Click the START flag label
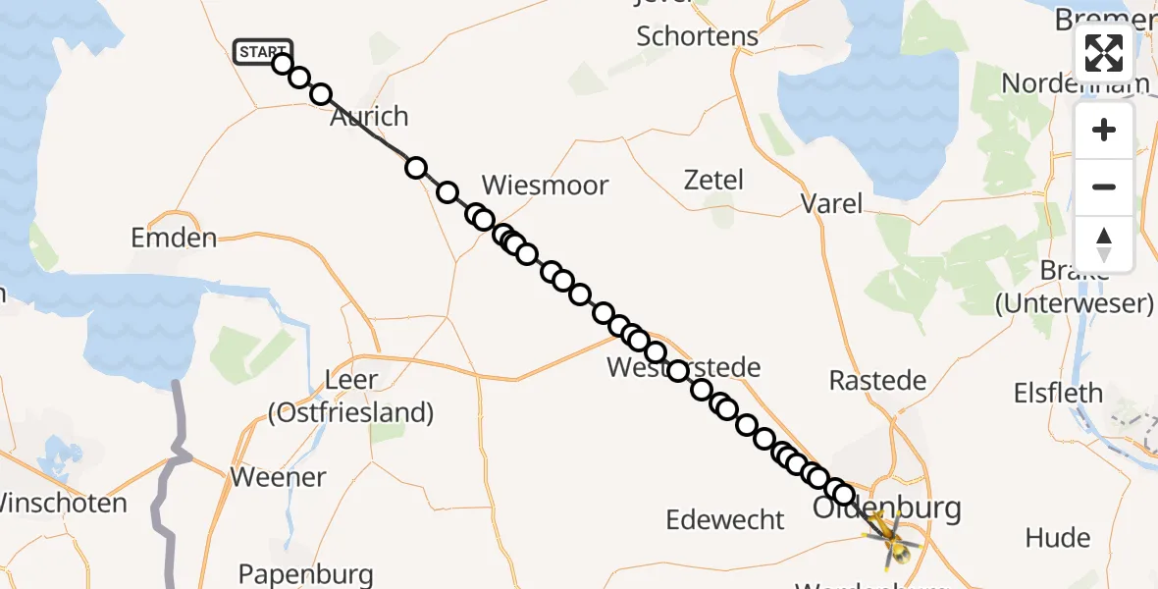coord(262,51)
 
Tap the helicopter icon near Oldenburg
coord(891,538)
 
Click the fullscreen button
coord(1104,53)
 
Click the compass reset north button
coord(1104,243)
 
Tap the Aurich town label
coord(369,117)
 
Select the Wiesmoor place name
coord(545,185)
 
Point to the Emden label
coord(174,238)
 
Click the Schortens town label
coord(698,36)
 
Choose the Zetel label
coord(713,180)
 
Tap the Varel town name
coord(832,203)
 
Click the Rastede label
coord(877,380)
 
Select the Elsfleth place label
coord(1059,394)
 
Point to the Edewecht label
coord(725,519)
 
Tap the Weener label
coord(278,477)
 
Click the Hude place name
coord(1058,537)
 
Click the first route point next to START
coord(283,64)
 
